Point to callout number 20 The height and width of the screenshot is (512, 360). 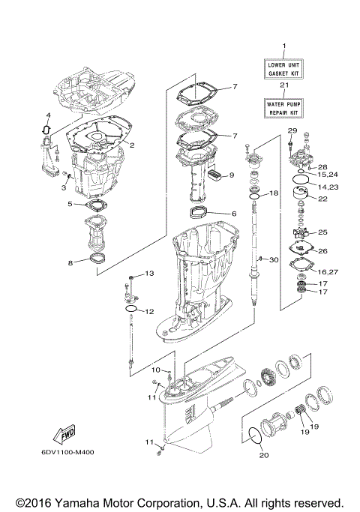click(262, 454)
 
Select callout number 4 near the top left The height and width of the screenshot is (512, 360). click(47, 115)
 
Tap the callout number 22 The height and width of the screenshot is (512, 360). click(323, 199)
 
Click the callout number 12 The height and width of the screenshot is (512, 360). click(149, 311)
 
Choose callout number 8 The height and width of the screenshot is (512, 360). click(70, 262)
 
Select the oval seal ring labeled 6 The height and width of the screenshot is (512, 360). click(205, 210)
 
